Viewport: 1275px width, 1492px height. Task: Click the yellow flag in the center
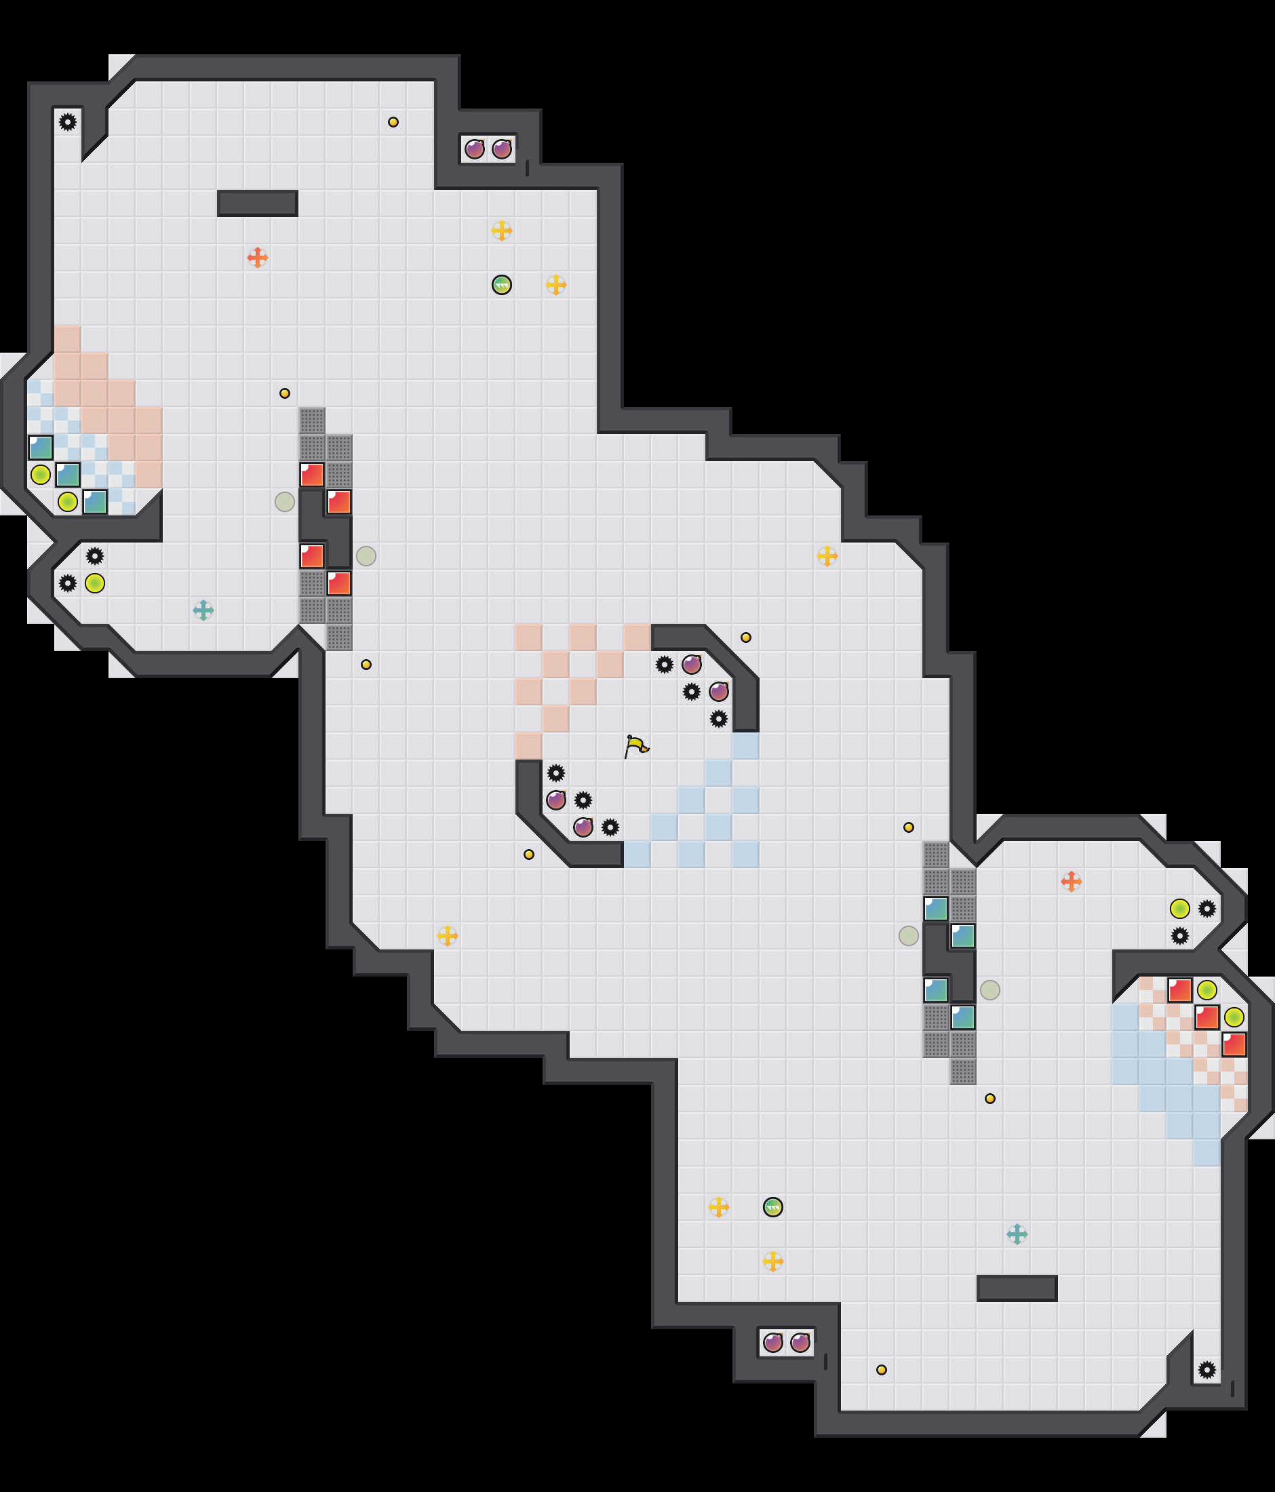pos(635,746)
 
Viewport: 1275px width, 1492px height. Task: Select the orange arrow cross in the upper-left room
pos(257,257)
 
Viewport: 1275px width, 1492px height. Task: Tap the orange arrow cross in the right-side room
pos(1071,882)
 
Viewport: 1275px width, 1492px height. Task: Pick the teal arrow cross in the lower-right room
pos(1017,1234)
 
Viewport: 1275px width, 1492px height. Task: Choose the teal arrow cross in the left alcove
pos(203,610)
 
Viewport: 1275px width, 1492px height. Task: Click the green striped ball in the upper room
pos(502,285)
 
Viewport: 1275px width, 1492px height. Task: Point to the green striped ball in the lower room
pos(772,1207)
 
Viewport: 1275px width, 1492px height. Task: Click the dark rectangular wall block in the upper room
pos(257,203)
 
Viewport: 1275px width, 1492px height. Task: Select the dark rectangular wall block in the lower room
pos(1017,1289)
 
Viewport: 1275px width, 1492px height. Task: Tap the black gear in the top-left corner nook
pos(68,121)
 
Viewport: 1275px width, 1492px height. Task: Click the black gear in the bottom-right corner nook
pos(1207,1369)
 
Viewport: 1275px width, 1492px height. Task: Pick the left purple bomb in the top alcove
pos(475,149)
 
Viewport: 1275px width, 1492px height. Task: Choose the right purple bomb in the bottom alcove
pos(800,1342)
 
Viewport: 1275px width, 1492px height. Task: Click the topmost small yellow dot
pos(393,121)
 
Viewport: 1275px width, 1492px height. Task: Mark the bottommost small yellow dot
pos(881,1369)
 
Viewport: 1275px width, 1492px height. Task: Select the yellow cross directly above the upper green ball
pos(502,231)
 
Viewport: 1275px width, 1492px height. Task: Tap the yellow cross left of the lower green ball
pos(718,1207)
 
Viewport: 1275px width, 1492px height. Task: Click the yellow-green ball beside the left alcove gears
pos(95,583)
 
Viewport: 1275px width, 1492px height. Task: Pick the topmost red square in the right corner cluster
pos(1179,990)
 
